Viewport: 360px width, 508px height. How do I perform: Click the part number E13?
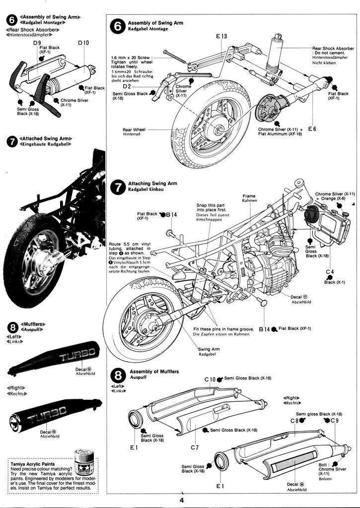click(221, 36)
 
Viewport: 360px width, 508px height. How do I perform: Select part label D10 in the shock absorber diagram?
click(83, 43)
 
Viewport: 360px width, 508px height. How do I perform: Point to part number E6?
click(312, 129)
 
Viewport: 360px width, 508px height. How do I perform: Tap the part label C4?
click(330, 271)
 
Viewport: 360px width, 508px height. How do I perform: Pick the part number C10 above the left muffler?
click(211, 380)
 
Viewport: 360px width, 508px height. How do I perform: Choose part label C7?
click(195, 447)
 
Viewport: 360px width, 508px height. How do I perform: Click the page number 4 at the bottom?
click(182, 500)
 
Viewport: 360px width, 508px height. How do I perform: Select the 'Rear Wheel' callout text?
click(133, 132)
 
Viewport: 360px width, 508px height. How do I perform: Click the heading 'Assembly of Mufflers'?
click(154, 372)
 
